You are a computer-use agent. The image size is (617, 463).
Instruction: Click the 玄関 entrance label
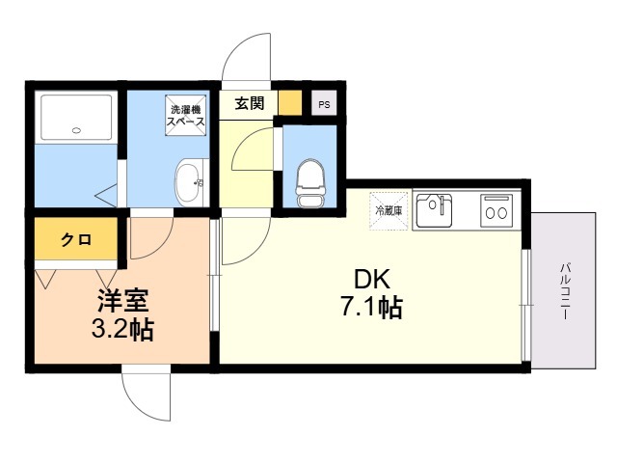click(x=250, y=103)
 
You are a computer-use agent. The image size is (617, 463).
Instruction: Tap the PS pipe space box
click(x=324, y=103)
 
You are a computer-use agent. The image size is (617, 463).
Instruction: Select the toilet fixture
click(x=310, y=183)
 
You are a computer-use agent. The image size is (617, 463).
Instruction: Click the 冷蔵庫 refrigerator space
click(x=389, y=210)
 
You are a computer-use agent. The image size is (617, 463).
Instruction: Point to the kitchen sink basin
click(x=434, y=210)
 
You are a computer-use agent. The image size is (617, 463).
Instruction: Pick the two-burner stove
click(x=496, y=211)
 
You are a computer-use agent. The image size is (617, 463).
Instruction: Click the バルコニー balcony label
click(x=564, y=291)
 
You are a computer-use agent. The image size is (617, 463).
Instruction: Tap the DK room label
click(x=372, y=280)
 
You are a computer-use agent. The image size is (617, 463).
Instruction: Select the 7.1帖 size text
click(x=371, y=308)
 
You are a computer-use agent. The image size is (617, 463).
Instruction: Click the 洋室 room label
click(x=122, y=301)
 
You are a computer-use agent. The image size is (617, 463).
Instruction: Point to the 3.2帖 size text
click(x=122, y=329)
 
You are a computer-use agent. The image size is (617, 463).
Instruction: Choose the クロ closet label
click(x=76, y=239)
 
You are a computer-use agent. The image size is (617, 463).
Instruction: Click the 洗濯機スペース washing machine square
click(x=186, y=116)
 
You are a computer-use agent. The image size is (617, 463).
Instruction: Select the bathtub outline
click(x=76, y=117)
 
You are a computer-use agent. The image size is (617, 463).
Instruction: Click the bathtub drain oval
click(x=76, y=131)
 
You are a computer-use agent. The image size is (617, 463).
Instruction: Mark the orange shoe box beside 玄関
click(x=290, y=102)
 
